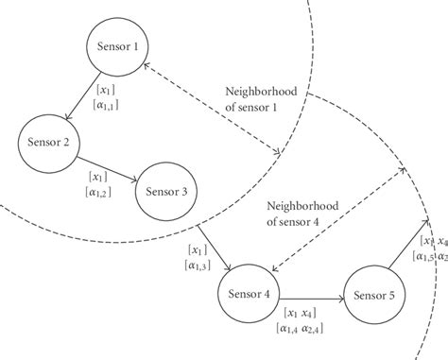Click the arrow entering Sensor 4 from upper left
tap(215, 250)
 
